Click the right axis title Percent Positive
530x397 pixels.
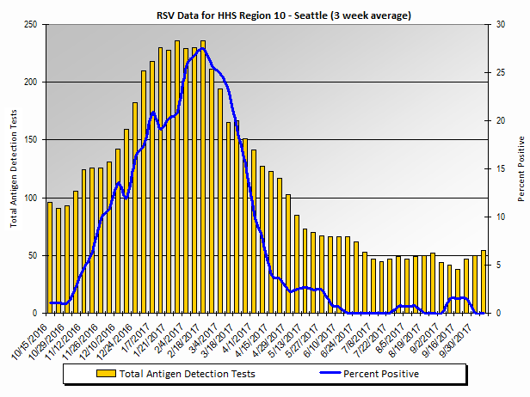coord(521,168)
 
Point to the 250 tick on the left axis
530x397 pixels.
coord(33,24)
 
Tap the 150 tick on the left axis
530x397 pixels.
coord(33,140)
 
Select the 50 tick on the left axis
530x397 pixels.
coord(35,256)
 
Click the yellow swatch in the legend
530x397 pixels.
coord(107,374)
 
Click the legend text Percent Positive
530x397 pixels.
coord(380,374)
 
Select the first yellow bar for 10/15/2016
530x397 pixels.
coord(50,258)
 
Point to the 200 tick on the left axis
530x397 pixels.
coord(33,82)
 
